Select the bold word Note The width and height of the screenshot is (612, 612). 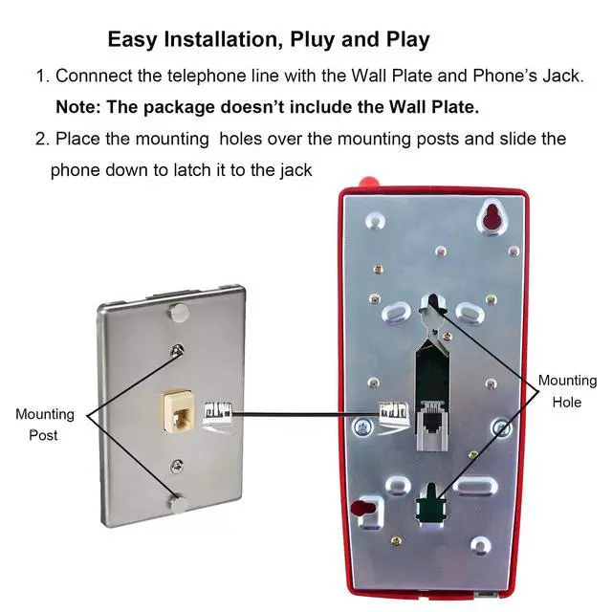click(x=79, y=106)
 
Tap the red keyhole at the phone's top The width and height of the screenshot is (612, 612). click(x=492, y=218)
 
